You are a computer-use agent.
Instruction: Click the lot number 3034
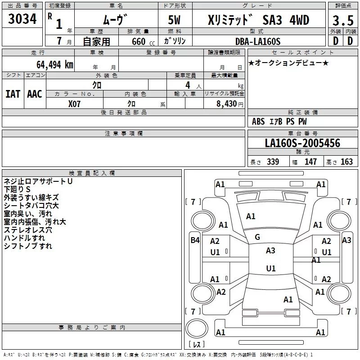22,19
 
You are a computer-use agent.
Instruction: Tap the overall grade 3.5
342,21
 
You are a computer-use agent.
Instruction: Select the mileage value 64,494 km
49,64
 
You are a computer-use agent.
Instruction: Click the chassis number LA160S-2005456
302,144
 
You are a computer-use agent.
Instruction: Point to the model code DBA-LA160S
257,41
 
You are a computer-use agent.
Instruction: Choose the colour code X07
75,103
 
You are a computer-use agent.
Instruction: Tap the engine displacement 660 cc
137,42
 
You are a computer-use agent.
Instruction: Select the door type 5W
175,20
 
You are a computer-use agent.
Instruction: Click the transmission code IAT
13,94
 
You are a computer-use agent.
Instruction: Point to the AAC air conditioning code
34,94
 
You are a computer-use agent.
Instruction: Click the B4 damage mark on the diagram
194,240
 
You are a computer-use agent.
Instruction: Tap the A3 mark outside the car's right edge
346,240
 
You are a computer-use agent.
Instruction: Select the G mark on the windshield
257,237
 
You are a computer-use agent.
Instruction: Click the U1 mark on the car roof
270,268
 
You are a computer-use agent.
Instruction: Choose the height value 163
346,162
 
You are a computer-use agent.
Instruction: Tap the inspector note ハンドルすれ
24,238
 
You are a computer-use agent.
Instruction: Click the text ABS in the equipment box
258,121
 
